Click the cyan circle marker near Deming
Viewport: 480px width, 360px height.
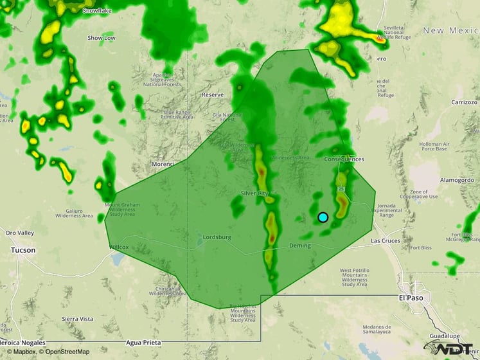click(x=323, y=217)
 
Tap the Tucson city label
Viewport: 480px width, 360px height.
click(x=23, y=250)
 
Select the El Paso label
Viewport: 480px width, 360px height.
click(x=410, y=298)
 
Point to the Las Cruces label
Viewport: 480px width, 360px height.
click(x=386, y=241)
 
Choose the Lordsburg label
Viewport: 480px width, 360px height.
click(x=217, y=237)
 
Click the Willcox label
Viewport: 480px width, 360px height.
click(x=119, y=247)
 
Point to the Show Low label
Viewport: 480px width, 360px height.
click(x=102, y=38)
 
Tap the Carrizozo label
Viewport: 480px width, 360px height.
click(x=464, y=102)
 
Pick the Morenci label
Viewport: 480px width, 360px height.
click(x=163, y=165)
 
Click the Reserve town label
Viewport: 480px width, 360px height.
click(x=212, y=94)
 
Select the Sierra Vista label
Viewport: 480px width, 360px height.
click(x=77, y=319)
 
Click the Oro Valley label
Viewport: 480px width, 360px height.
click(x=19, y=232)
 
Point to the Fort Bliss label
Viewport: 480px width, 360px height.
click(x=421, y=248)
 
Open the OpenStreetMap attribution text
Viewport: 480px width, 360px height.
click(x=64, y=352)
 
